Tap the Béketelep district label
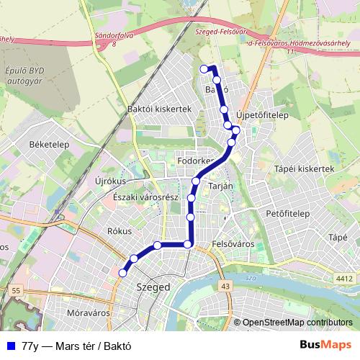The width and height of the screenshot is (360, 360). [x=48, y=144]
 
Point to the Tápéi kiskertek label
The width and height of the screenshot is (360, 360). [x=305, y=168]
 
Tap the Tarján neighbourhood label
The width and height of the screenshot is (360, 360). [x=220, y=186]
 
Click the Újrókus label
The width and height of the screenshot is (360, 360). [x=110, y=181]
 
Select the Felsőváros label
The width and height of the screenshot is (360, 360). [x=234, y=244]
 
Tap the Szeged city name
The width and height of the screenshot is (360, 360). [x=153, y=287]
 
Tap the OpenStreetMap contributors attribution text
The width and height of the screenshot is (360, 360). [x=297, y=323]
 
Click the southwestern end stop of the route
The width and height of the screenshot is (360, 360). [x=122, y=272]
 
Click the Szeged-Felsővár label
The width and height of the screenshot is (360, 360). [x=220, y=32]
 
